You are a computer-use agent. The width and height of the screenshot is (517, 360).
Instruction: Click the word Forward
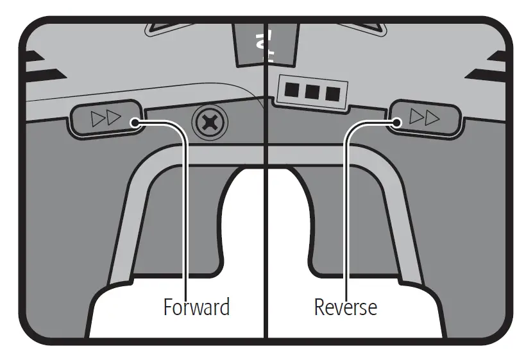pyautogui.click(x=196, y=307)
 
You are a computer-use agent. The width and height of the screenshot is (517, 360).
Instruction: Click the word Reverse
pyautogui.click(x=345, y=307)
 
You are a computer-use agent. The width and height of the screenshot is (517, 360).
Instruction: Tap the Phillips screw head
pyautogui.click(x=210, y=120)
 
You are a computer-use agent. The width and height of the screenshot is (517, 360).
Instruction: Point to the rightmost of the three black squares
pyautogui.click(x=332, y=92)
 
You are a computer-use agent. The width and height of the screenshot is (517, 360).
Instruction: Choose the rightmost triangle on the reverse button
pyautogui.click(x=434, y=117)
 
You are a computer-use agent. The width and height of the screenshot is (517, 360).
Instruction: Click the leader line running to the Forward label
pyautogui.click(x=185, y=212)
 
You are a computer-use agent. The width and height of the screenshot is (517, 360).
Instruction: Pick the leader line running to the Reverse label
pyautogui.click(x=346, y=212)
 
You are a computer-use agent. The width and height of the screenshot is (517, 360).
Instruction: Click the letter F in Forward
pyautogui.click(x=167, y=307)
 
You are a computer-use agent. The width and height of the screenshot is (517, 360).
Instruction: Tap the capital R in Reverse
pyautogui.click(x=319, y=307)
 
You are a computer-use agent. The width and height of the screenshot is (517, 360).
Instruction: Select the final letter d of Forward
pyautogui.click(x=224, y=307)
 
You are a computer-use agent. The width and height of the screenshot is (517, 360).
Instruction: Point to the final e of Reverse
pyautogui.click(x=372, y=309)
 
